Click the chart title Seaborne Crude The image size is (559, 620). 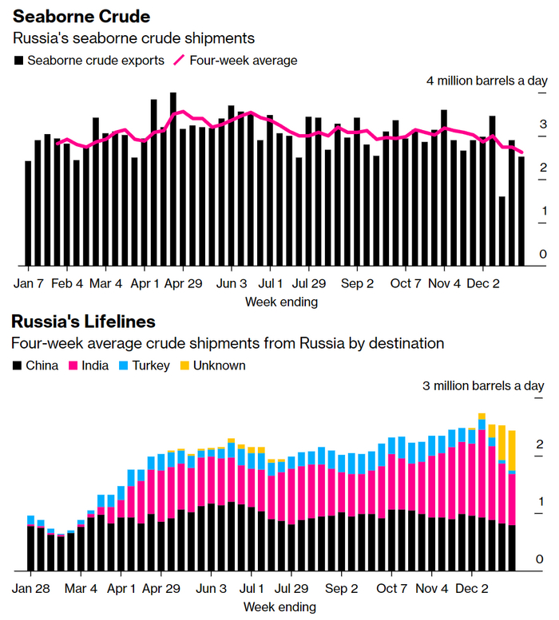82,17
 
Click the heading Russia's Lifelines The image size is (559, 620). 83,322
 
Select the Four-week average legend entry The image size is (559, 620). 244,60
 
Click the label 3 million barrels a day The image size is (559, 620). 483,386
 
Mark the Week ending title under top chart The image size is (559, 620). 280,302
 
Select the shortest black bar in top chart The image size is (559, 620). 502,231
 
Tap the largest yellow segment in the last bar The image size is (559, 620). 512,451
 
